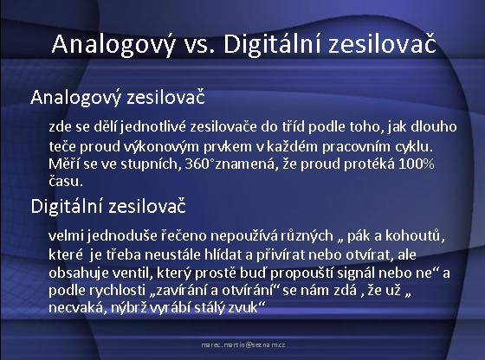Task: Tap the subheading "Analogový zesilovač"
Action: pyautogui.click(x=118, y=98)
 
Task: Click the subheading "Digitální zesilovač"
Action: pyautogui.click(x=108, y=207)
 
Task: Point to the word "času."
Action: pyautogui.click(x=66, y=181)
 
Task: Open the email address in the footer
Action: pyautogui.click(x=243, y=344)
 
